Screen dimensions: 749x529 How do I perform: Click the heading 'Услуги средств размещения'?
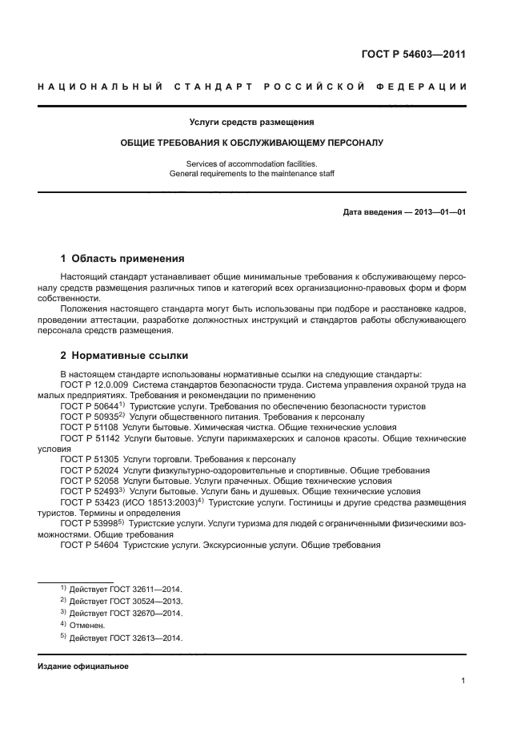click(x=251, y=123)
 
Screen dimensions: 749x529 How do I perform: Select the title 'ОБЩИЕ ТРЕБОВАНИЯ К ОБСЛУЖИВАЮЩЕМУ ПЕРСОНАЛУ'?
click(x=251, y=143)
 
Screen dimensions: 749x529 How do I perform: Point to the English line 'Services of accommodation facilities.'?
click(x=251, y=163)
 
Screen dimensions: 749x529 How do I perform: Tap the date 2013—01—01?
click(x=438, y=211)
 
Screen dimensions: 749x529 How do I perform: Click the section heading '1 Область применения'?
click(x=122, y=259)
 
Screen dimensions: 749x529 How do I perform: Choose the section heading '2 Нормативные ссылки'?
click(x=124, y=356)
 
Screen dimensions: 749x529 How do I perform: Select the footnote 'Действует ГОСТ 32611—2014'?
click(x=126, y=589)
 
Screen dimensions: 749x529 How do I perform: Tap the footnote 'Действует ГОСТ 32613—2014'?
click(x=126, y=638)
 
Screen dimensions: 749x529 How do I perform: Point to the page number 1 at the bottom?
click(x=463, y=681)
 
